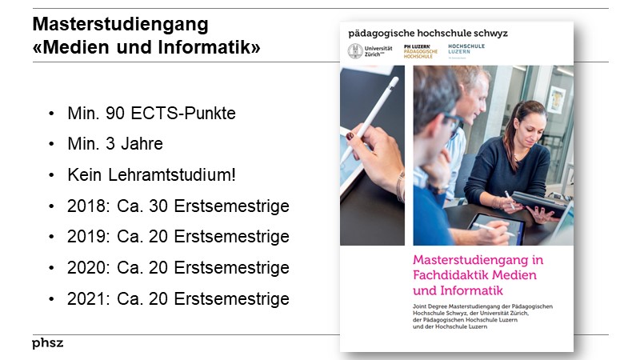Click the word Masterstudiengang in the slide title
coord(120,23)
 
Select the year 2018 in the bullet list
coord(86,206)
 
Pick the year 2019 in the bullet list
coord(86,237)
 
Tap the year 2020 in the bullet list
coord(86,268)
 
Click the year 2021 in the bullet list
coord(86,299)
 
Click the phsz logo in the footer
coord(47,343)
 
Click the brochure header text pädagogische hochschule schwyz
coord(427,33)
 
